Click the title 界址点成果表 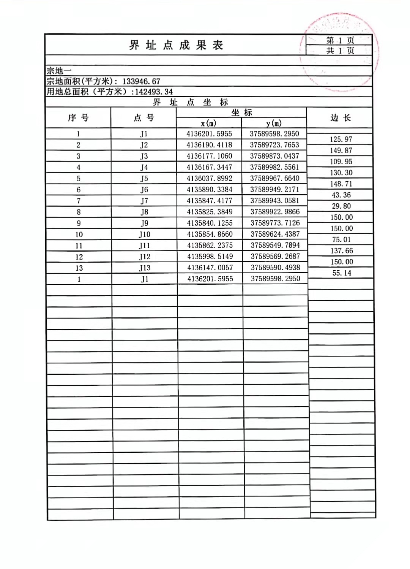point(176,45)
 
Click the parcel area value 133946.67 point(141,81)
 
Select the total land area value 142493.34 point(154,92)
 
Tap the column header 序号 point(78,118)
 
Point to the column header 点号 point(143,118)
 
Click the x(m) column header point(208,123)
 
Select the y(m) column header point(274,123)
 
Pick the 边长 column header point(340,118)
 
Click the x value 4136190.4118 point(209,145)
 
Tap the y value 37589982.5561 point(274,167)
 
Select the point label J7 point(144,201)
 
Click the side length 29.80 point(341,206)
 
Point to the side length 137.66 point(342,251)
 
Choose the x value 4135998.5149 point(210,257)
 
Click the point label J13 point(145,268)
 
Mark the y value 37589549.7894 point(275,246)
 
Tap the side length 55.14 point(342,273)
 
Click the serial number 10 point(79,235)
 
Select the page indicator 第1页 point(340,40)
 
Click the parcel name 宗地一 point(59,71)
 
